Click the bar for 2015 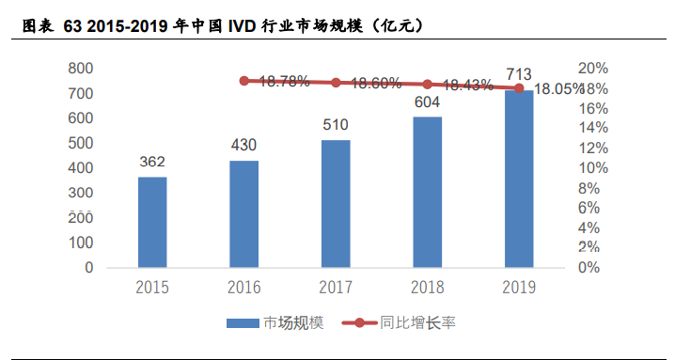(x=152, y=222)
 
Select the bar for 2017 (x=336, y=204)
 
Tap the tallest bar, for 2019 (x=519, y=179)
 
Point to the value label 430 (x=243, y=145)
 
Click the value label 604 (x=428, y=102)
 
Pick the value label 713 (x=519, y=74)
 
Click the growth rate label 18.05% (x=560, y=89)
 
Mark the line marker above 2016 (x=244, y=81)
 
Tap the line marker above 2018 (x=428, y=85)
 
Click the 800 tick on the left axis (x=80, y=69)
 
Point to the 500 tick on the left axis (x=80, y=143)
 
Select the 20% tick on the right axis (x=593, y=69)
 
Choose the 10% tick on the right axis (x=593, y=168)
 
